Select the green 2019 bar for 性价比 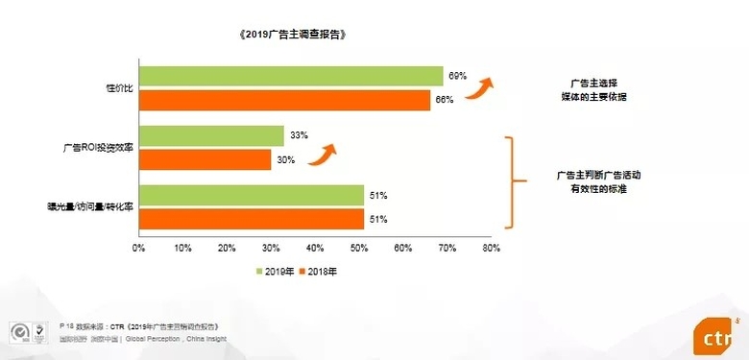point(291,77)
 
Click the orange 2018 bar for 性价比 point(284,100)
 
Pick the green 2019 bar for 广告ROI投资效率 point(211,136)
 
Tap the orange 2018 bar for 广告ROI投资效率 point(205,159)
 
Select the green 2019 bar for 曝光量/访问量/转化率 point(251,196)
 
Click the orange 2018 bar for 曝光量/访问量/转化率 point(251,219)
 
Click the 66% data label point(445,100)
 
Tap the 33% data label point(298,136)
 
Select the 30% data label point(285,159)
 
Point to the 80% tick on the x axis point(491,248)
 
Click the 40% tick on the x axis point(315,248)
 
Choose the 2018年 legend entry point(322,272)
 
